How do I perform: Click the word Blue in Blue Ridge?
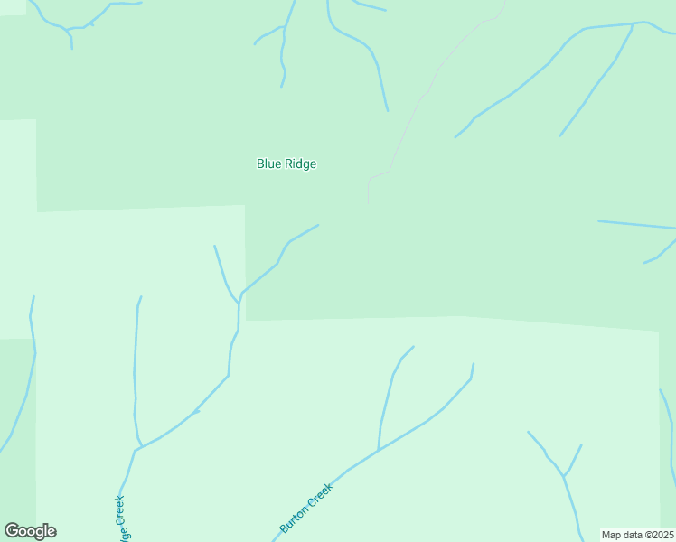pyautogui.click(x=269, y=164)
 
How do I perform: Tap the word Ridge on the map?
pyautogui.click(x=301, y=164)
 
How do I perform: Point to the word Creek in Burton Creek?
pyautogui.click(x=322, y=494)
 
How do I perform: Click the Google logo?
pyautogui.click(x=30, y=531)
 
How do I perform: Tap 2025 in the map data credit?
pyautogui.click(x=661, y=535)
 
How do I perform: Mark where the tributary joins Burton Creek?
pyautogui.click(x=378, y=450)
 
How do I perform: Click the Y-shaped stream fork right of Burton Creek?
pyautogui.click(x=563, y=476)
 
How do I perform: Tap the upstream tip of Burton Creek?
pyautogui.click(x=473, y=364)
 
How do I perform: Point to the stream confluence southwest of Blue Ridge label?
pyautogui.click(x=239, y=296)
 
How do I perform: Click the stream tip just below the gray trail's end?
pyautogui.click(x=318, y=225)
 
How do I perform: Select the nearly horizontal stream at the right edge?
pyautogui.click(x=636, y=224)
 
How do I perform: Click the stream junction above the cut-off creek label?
pyautogui.click(x=136, y=448)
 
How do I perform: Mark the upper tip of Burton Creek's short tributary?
pyautogui.click(x=413, y=347)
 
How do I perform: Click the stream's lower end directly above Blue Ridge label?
pyautogui.click(x=282, y=87)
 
